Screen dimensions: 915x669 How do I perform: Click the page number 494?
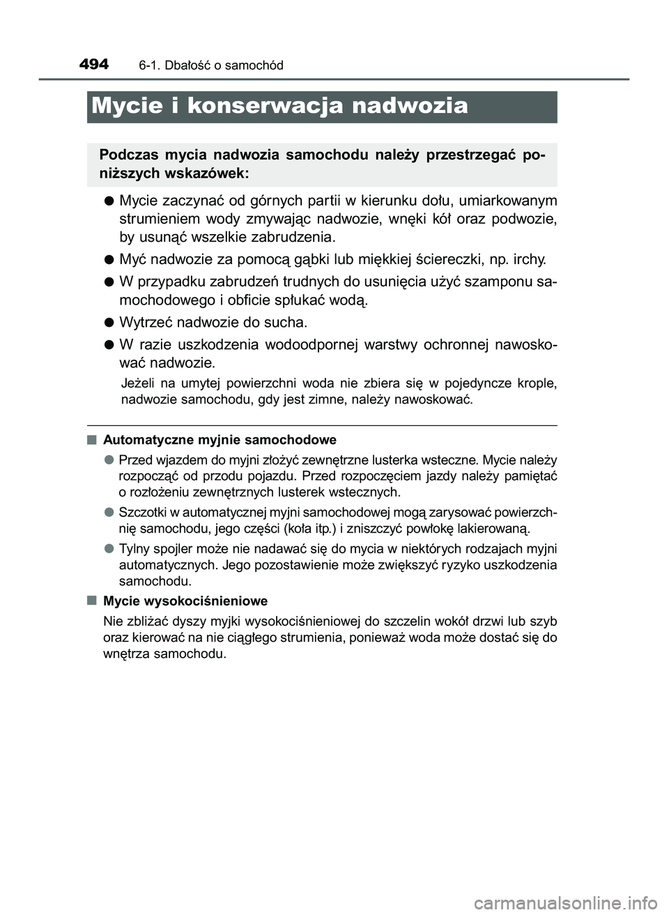pos(93,65)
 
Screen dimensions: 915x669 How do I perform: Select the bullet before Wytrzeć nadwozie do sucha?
pos(109,323)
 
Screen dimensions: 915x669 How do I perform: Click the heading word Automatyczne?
pos(147,440)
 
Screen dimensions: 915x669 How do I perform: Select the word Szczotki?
pos(141,513)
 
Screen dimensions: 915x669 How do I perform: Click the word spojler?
pos(174,548)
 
